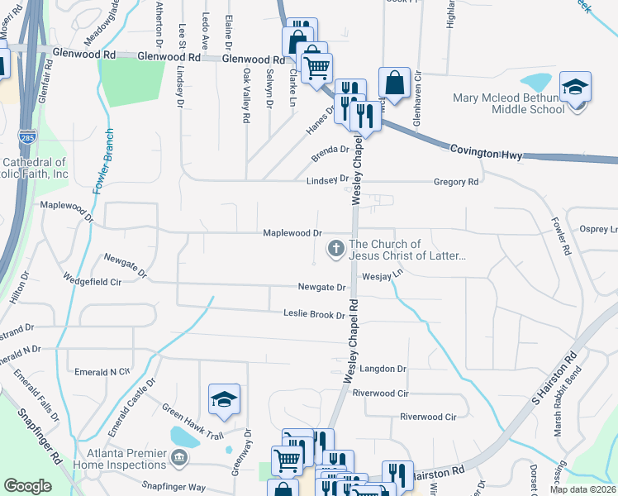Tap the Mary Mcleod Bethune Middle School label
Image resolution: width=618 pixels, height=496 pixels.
pyautogui.click(x=508, y=104)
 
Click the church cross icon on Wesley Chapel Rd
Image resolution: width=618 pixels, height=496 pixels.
pyautogui.click(x=336, y=248)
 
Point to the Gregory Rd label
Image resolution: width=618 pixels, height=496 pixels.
pyautogui.click(x=456, y=182)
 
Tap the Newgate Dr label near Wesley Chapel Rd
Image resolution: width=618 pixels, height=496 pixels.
pyautogui.click(x=321, y=287)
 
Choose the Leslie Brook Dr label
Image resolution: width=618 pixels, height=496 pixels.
pyautogui.click(x=315, y=315)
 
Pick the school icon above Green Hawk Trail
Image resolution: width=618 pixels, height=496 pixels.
pyautogui.click(x=223, y=401)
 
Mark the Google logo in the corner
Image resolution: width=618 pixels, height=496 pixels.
pyautogui.click(x=28, y=486)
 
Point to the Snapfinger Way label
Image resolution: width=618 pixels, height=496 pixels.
pyautogui.click(x=174, y=488)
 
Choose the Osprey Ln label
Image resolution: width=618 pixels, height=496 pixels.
pyautogui.click(x=600, y=229)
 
